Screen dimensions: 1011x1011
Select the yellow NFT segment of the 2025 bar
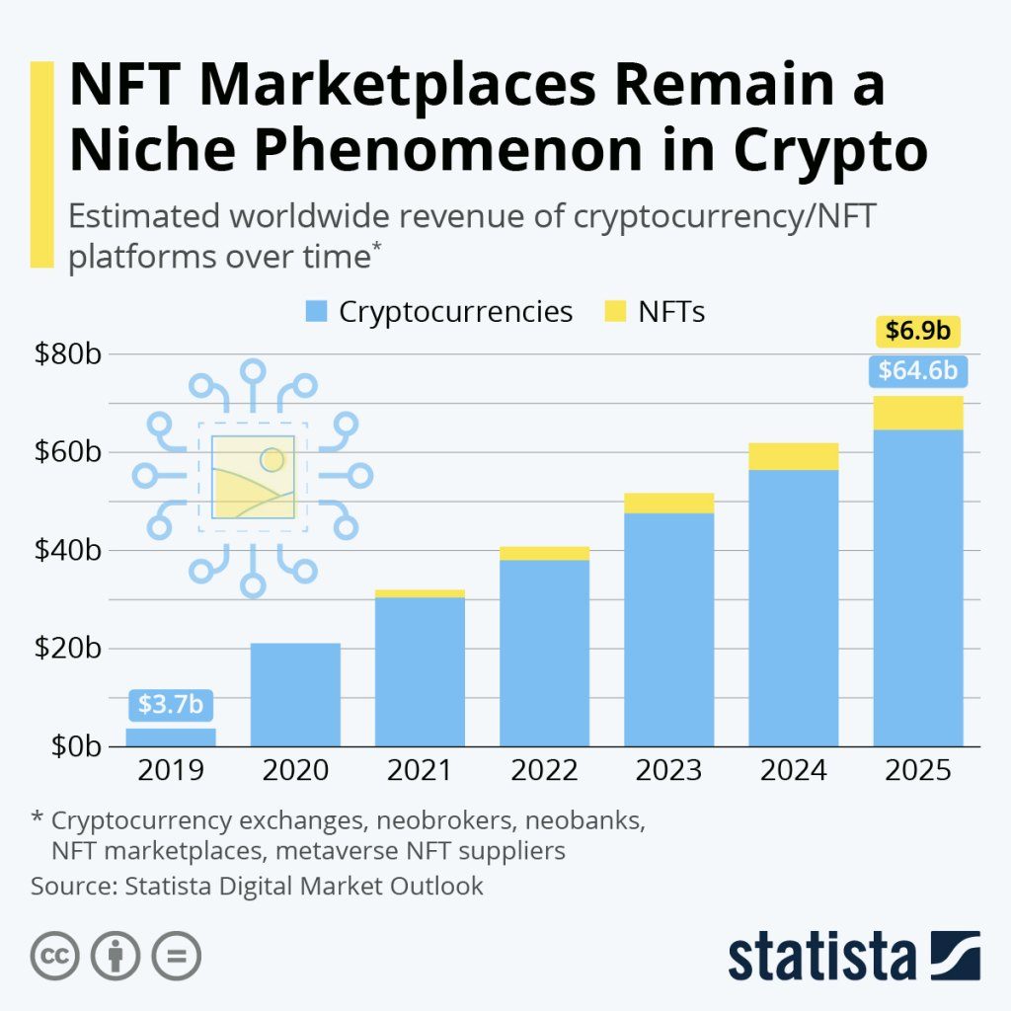click(917, 413)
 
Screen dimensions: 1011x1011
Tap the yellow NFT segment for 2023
click(668, 503)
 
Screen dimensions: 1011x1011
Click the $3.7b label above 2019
click(171, 704)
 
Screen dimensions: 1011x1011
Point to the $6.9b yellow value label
click(917, 331)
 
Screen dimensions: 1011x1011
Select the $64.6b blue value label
click(917, 371)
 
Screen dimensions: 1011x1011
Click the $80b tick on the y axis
click(67, 353)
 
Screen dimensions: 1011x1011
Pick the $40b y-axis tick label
click(67, 550)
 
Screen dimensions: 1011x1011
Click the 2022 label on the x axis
click(544, 770)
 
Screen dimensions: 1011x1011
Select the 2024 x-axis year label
click(793, 770)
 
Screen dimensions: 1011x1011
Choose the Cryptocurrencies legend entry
click(438, 312)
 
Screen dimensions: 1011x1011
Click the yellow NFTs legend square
click(614, 313)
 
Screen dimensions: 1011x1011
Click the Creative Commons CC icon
click(55, 956)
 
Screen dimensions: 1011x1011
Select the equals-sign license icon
click(176, 956)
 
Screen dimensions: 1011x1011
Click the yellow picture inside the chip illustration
click(253, 476)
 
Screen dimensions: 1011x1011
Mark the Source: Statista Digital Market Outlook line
click(257, 886)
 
